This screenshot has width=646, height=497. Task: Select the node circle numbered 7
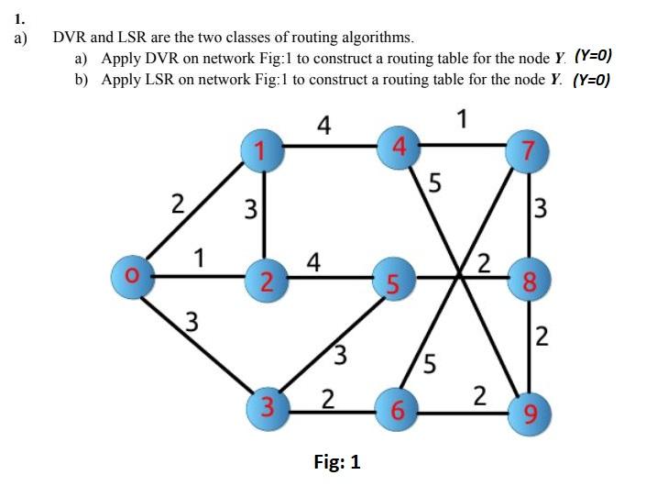click(529, 149)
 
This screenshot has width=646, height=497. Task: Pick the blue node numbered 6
click(398, 410)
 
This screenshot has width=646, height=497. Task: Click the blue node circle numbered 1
click(262, 149)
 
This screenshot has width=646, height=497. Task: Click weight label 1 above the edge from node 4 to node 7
click(464, 118)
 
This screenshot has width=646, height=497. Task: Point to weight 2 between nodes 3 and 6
click(327, 398)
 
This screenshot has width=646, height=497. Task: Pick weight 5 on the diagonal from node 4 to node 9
click(434, 184)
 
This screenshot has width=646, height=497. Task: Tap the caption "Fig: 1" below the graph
click(337, 462)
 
